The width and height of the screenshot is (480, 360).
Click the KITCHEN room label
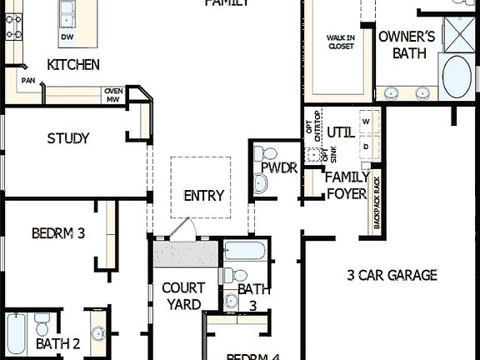click(x=73, y=64)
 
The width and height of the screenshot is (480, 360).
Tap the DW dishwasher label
click(x=67, y=37)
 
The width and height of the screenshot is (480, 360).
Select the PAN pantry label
click(x=28, y=81)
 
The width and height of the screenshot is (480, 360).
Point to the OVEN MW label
click(x=113, y=95)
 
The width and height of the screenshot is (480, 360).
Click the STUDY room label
click(x=68, y=138)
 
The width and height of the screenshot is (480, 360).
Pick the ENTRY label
click(x=204, y=196)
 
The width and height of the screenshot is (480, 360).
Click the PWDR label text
click(x=279, y=167)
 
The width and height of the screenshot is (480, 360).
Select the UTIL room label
click(x=340, y=132)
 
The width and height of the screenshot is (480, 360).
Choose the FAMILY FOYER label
click(x=347, y=185)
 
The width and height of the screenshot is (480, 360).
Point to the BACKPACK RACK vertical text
click(x=377, y=202)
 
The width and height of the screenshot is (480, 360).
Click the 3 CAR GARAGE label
click(x=392, y=274)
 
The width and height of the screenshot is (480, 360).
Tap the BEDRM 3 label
click(x=58, y=233)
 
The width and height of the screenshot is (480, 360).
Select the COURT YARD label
click(x=182, y=297)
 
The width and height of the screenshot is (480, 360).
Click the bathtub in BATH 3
click(x=245, y=251)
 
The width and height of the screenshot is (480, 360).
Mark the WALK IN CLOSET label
click(x=340, y=42)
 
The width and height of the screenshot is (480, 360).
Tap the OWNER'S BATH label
click(x=407, y=44)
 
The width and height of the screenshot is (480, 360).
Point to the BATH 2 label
click(x=57, y=342)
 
